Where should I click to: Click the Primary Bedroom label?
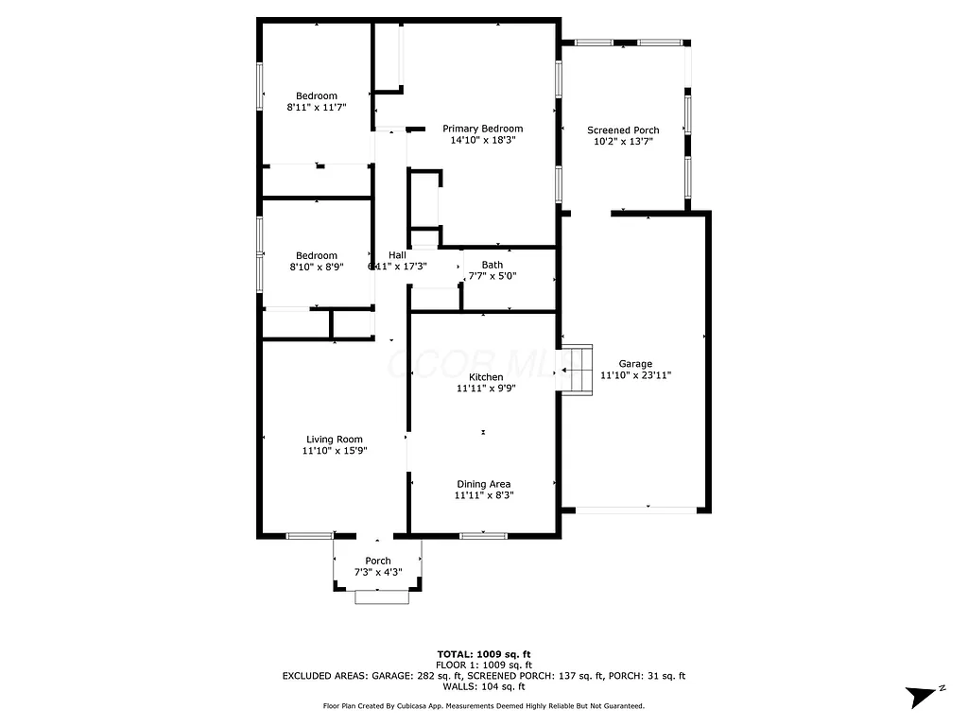(x=482, y=129)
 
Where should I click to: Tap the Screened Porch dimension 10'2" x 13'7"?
(x=623, y=142)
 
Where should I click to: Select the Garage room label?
(x=635, y=364)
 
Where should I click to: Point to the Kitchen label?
(x=487, y=377)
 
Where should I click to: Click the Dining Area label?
(x=483, y=484)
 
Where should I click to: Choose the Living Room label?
(x=334, y=440)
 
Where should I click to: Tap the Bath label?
(x=492, y=265)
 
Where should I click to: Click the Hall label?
(x=397, y=255)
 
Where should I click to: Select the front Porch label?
(x=378, y=562)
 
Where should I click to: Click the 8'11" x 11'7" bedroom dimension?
(x=317, y=108)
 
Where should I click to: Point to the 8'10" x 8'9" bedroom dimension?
(x=317, y=268)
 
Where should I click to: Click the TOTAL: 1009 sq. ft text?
(x=483, y=654)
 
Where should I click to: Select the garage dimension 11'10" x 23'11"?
(x=635, y=375)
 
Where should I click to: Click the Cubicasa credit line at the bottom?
(x=483, y=706)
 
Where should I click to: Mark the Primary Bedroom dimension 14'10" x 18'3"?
(x=482, y=140)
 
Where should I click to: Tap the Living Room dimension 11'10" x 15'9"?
(x=334, y=451)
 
